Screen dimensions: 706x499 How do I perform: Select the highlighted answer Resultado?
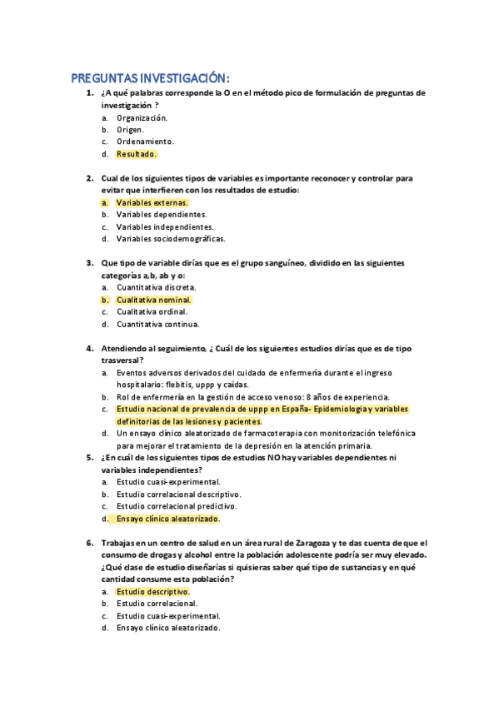[x=136, y=154]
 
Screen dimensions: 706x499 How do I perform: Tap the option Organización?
[x=142, y=117]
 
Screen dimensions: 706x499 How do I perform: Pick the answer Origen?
[x=130, y=130]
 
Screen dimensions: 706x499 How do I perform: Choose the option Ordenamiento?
[x=145, y=142]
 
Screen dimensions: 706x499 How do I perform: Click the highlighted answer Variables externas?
[x=152, y=202]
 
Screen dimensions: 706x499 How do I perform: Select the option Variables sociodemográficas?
[x=171, y=239]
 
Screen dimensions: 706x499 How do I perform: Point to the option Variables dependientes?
[x=162, y=215]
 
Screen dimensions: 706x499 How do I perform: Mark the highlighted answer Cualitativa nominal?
[x=153, y=300]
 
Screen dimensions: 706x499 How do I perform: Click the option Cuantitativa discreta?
[x=157, y=287]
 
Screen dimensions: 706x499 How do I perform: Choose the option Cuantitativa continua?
[x=157, y=324]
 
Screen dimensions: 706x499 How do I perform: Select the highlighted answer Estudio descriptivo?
[x=152, y=591]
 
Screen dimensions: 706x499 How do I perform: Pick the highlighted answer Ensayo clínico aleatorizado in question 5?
[x=167, y=518]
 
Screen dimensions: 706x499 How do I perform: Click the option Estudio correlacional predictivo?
[x=177, y=505]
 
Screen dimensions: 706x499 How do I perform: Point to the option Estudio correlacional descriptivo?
[x=177, y=494]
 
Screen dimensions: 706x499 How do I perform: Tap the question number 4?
[x=89, y=348]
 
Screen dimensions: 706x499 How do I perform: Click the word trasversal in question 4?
[x=122, y=360]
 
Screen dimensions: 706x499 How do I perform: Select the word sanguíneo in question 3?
[x=282, y=263]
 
